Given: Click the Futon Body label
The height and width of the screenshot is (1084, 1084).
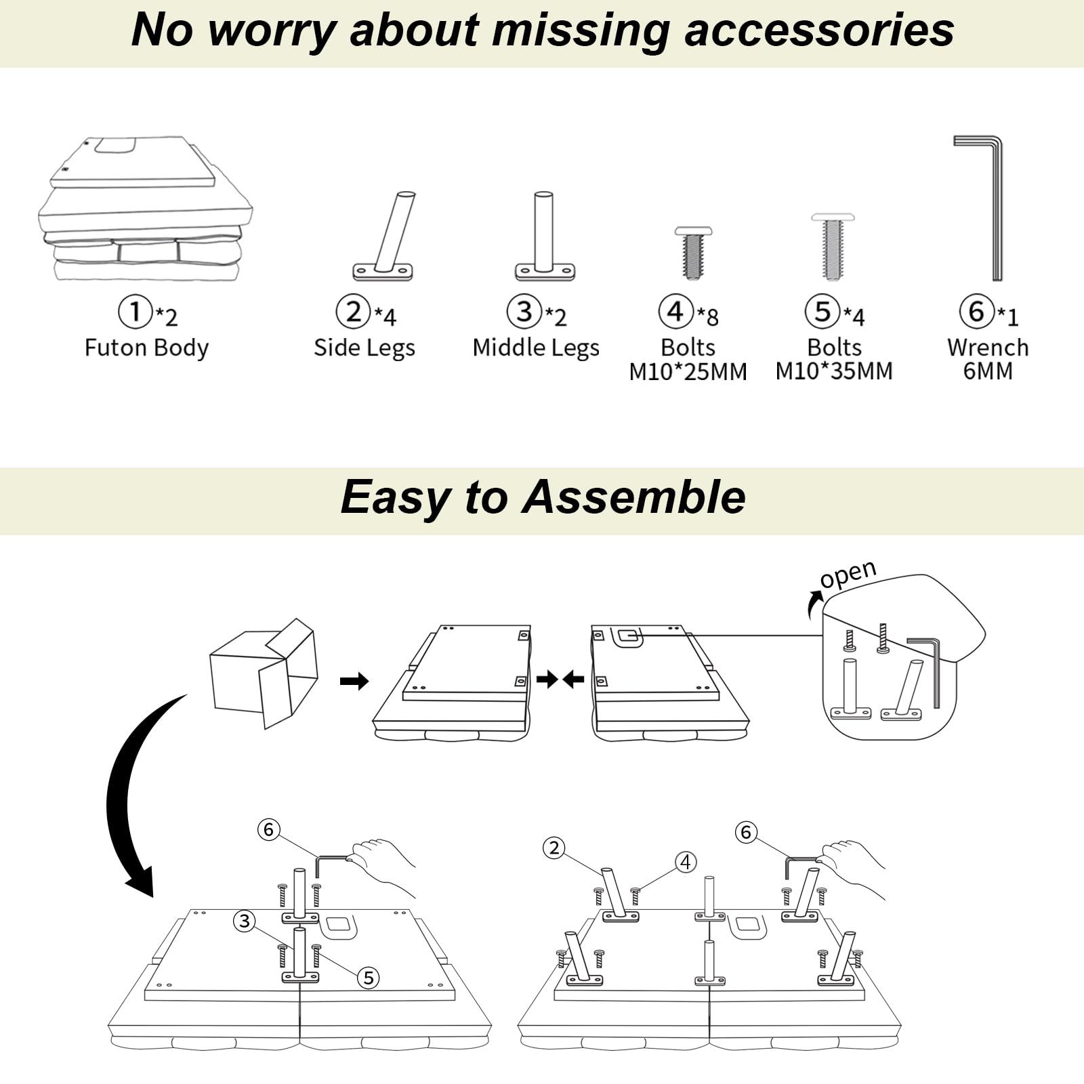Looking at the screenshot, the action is pos(146,348).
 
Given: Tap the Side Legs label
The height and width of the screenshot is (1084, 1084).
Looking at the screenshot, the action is pos(364,348).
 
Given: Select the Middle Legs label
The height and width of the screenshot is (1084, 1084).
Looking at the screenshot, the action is pos(536,348).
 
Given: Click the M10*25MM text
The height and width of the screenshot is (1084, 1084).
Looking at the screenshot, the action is pos(688,371).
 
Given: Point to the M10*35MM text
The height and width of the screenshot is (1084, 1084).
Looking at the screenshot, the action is pos(834,371).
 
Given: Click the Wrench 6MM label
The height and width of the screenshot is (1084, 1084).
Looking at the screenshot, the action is pos(988,359).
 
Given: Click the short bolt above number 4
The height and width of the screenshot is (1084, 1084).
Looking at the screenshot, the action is pos(693,253).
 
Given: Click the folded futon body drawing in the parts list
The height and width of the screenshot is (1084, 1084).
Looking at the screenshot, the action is pos(145,209).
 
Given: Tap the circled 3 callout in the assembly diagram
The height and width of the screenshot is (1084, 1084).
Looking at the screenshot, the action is pos(245,921).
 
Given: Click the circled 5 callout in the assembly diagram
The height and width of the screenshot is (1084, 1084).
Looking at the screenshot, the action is pos(369,978).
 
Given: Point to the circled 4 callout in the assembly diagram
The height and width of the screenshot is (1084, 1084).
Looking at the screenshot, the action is pos(686,862).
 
